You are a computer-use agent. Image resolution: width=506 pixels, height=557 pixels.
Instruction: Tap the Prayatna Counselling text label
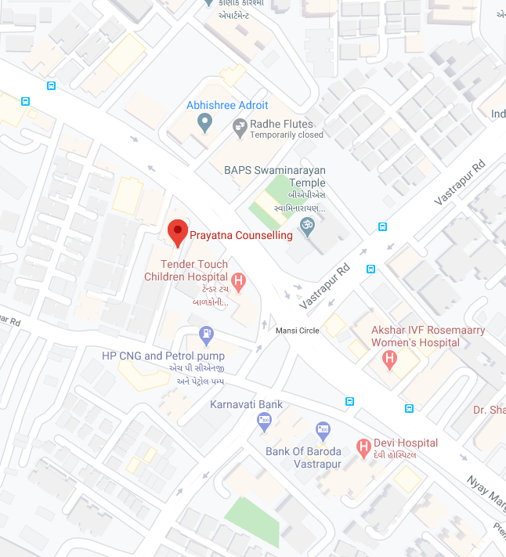[x=241, y=235]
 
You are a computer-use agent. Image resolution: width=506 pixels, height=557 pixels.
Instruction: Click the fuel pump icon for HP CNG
[x=207, y=335]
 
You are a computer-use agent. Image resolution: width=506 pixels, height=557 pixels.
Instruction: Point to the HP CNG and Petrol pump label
[x=163, y=356]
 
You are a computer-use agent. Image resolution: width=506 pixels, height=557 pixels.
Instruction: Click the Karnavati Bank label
[x=246, y=405]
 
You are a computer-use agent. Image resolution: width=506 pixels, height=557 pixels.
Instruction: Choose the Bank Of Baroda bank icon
[x=323, y=429]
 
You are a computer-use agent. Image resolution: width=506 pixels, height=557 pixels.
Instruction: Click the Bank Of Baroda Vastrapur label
[x=303, y=458]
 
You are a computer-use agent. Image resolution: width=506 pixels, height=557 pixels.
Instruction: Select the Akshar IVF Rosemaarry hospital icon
[x=389, y=360]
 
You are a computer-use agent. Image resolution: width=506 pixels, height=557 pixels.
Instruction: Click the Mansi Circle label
[x=298, y=331]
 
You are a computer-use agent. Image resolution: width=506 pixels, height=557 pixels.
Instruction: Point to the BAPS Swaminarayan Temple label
[x=274, y=176]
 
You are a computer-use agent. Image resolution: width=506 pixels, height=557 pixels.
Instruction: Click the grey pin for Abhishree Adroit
[x=204, y=122]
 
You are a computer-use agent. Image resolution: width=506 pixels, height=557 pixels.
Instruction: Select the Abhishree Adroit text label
[x=227, y=105]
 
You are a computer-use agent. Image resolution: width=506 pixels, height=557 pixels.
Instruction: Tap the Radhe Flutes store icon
[x=240, y=125]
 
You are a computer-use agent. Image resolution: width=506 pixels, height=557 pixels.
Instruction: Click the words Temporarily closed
[x=286, y=135]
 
